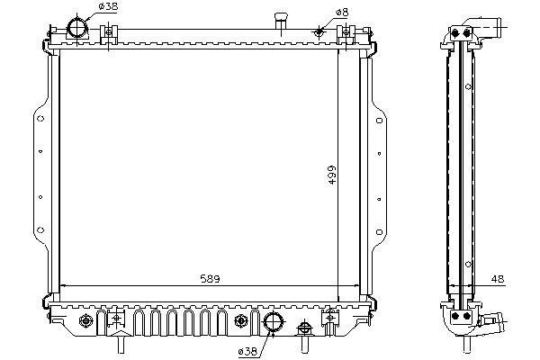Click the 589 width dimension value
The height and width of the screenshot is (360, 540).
(x=210, y=278)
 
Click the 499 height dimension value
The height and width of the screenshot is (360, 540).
(x=331, y=175)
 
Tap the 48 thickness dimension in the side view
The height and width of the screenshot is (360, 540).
(x=498, y=279)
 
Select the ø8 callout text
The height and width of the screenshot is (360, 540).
(x=342, y=13)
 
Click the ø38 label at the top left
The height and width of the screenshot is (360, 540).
(x=108, y=6)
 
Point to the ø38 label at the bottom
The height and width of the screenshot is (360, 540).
(x=247, y=351)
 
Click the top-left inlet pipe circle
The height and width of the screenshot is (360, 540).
(x=77, y=27)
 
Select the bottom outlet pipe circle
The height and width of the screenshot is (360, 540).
(x=274, y=322)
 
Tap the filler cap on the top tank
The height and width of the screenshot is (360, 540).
(x=281, y=21)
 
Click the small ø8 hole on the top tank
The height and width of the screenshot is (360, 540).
(x=319, y=31)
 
